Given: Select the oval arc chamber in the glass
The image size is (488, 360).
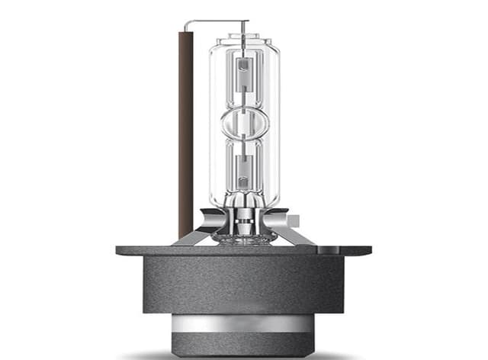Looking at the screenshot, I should coord(244,121).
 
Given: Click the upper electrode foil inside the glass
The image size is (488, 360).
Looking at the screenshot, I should coord(244,76).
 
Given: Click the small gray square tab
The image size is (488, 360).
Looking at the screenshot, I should coord(294,221).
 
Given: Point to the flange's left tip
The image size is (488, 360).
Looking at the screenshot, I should coord(118,250).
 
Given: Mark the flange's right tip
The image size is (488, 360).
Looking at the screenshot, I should coord(370,250).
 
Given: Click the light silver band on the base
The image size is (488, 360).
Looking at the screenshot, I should coord(244,323).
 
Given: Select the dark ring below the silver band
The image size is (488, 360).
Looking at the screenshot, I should coord(244,341).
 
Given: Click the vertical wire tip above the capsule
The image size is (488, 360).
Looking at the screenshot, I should coord(244,25).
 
